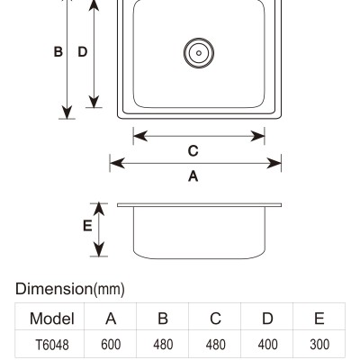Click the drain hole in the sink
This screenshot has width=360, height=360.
[x=199, y=53]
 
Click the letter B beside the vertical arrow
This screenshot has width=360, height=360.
[x=58, y=52]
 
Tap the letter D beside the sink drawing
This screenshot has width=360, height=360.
[x=83, y=52]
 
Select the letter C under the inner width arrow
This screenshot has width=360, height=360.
[x=193, y=151]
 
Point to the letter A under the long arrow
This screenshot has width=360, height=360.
[x=193, y=176]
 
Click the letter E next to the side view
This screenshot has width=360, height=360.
[x=87, y=226]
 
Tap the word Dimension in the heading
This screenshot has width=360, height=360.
[x=54, y=289]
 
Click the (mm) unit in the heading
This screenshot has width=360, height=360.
[x=109, y=290]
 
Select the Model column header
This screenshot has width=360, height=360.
[x=52, y=319]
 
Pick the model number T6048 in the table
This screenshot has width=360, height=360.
[x=52, y=345]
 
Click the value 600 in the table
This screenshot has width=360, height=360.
[x=111, y=345]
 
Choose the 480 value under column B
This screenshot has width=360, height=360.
[x=163, y=345]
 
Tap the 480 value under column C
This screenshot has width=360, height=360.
[x=215, y=345]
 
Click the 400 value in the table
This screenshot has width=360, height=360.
[x=267, y=345]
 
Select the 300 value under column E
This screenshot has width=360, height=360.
[x=319, y=345]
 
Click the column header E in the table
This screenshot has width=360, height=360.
[x=319, y=319]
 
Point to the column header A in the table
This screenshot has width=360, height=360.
[x=111, y=319]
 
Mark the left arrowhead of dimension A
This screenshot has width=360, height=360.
[x=117, y=164]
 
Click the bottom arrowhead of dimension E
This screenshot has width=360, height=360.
[x=99, y=248]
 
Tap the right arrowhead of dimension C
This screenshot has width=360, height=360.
[x=257, y=136]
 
